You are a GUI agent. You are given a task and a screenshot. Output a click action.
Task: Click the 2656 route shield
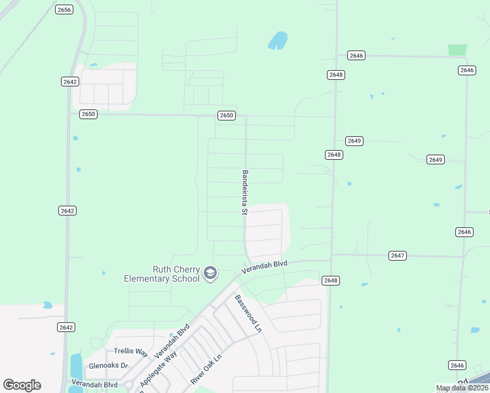[x=64, y=9]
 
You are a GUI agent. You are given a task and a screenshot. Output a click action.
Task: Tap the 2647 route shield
[x=397, y=255]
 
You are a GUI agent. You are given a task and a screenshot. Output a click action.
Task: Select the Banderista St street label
[x=244, y=193]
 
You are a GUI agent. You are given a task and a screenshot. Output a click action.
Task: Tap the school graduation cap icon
[x=210, y=273]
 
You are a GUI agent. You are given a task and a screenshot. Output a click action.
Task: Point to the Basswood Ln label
[x=248, y=313]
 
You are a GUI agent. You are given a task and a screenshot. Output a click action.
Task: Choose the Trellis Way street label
[x=131, y=352]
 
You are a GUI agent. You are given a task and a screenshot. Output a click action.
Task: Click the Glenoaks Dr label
[x=109, y=366]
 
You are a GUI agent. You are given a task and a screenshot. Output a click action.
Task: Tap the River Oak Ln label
[x=206, y=369]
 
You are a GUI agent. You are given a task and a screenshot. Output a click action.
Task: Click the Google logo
[x=22, y=385]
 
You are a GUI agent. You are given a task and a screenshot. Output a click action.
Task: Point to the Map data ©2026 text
[x=462, y=388]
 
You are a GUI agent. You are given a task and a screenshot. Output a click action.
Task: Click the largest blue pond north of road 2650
[x=278, y=41]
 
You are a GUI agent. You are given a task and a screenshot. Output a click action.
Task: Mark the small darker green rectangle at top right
[x=457, y=50]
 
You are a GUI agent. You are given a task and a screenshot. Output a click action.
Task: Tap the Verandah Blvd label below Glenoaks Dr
[x=94, y=384]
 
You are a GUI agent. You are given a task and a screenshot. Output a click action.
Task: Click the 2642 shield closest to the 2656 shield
[x=70, y=81]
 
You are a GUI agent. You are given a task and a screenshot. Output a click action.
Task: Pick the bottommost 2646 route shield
[x=457, y=365]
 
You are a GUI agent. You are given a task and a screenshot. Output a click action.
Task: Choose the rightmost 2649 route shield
[x=436, y=159]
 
